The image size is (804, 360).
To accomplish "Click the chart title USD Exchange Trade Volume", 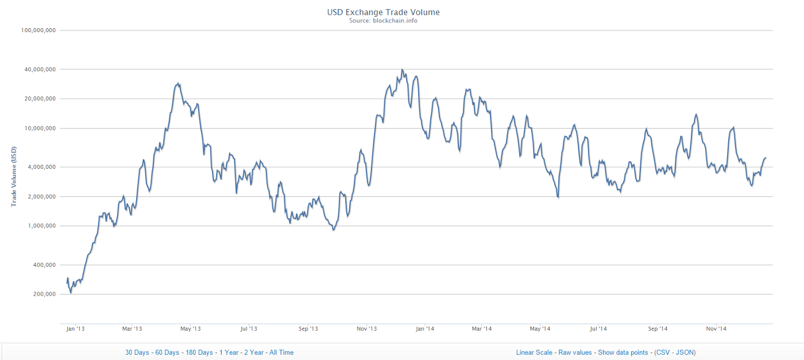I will pos(383,11).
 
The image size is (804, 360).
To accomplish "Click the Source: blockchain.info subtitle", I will pos(383,21).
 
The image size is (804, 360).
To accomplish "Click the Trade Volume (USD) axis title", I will pos(13,176).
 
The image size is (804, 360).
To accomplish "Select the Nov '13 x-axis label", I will pos(366,329).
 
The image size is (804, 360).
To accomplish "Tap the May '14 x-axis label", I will pos(540,329).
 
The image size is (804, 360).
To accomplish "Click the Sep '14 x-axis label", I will pos(658,329).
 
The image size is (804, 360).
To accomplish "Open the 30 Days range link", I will pos(137,353).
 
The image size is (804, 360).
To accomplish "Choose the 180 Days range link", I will pos(199,353).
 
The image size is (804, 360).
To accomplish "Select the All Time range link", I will pos(281,353).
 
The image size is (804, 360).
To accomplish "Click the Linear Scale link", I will pos(534,353).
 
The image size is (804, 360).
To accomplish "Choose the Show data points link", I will pos(623,353).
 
